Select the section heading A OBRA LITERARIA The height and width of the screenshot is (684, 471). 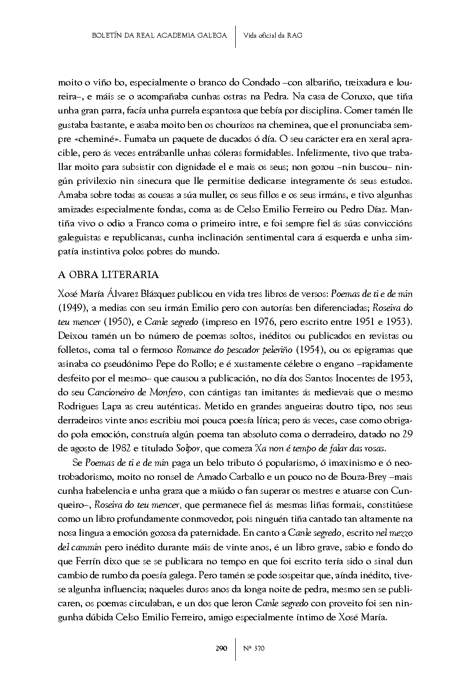click(108, 275)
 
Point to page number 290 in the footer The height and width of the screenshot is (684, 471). click(221, 648)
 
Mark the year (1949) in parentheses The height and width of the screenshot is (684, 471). click(72, 307)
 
